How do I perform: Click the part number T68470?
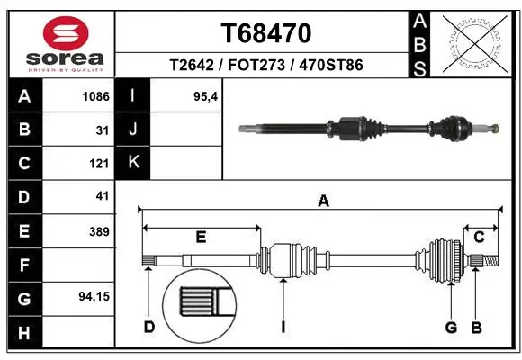point(266,33)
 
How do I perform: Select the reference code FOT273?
point(266,65)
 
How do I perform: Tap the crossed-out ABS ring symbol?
point(475,41)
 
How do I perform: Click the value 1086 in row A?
point(95,95)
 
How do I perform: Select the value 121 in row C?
point(99,164)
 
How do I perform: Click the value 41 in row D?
point(102,196)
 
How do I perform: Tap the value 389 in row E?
point(99,231)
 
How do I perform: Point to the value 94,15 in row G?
point(94,296)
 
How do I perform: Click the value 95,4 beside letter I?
point(206,95)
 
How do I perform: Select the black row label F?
point(23,265)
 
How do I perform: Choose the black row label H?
point(23,333)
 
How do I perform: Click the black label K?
point(133,163)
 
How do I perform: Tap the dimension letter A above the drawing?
point(323,202)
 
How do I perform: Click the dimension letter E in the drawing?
point(202,238)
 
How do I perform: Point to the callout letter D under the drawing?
point(149,326)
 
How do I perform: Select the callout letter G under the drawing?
point(451,326)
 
